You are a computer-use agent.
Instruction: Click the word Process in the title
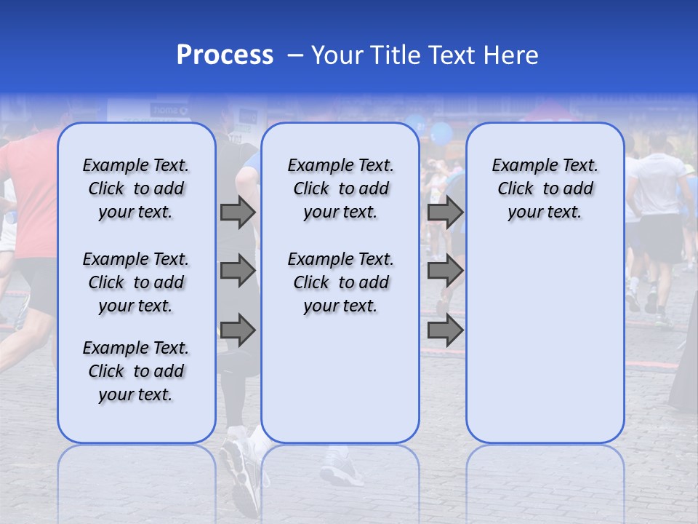pos(225,55)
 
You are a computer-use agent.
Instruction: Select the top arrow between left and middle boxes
pos(238,212)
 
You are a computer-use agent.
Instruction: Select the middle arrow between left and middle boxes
pos(238,271)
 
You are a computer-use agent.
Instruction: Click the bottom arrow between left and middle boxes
pos(238,330)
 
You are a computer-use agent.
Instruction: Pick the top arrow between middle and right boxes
pos(445,212)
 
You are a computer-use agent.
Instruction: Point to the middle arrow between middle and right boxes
pos(445,271)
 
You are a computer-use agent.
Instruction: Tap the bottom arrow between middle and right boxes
pos(445,330)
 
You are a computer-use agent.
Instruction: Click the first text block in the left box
pos(136,188)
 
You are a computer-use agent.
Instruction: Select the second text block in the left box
pos(136,282)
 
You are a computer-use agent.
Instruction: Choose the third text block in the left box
pos(136,371)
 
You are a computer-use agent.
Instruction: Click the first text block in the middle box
pos(340,188)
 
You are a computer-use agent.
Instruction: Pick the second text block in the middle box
pos(340,282)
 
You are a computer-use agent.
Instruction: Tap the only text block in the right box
pos(545,188)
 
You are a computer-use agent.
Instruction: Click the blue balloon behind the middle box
pos(441,133)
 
